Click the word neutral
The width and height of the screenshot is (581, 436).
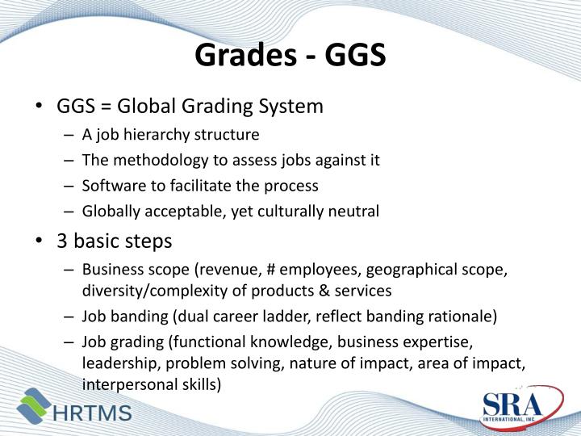(x=354, y=212)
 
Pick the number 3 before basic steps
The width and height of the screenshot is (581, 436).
(x=62, y=241)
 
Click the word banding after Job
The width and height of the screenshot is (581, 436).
(x=137, y=317)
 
